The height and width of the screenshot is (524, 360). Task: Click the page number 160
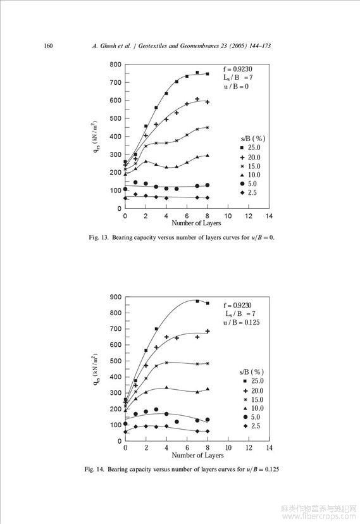coord(48,46)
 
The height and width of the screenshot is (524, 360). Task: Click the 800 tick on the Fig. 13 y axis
coord(115,65)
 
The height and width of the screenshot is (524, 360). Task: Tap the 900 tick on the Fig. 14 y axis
coord(116,297)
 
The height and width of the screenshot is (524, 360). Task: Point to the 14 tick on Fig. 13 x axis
coord(269,216)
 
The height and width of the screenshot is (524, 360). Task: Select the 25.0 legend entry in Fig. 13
coord(250,147)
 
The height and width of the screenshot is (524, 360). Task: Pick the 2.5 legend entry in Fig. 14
coord(252,426)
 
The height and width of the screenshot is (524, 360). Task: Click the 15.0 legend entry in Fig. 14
coord(253,400)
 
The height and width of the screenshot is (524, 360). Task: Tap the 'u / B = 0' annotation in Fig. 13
coord(236,87)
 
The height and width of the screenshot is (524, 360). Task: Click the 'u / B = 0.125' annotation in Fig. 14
coord(242,323)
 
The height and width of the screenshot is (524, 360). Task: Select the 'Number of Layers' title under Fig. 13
coord(196,223)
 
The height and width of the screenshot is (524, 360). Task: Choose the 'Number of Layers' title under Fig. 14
coord(197,455)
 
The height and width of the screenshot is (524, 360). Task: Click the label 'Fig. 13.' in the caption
coord(99,237)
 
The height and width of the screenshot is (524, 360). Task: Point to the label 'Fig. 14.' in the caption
coord(94,470)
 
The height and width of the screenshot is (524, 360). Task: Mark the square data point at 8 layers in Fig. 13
coord(208,74)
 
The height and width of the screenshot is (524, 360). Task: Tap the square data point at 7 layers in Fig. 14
coord(197,301)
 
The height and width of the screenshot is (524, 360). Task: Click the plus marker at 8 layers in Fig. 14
coord(208,331)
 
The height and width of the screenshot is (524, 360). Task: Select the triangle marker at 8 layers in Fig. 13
coord(208,156)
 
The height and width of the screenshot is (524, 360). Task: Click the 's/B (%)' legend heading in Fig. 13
coord(253,139)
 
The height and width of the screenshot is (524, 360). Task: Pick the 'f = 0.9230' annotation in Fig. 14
coord(237,305)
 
